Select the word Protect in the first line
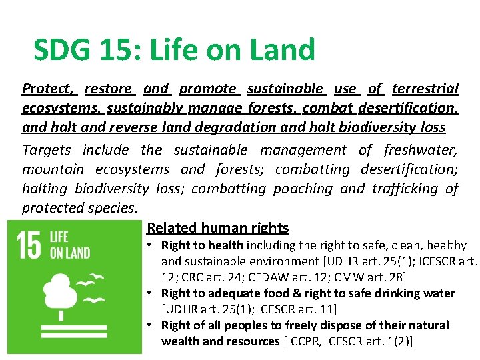point(47,89)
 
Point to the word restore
point(108,89)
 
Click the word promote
point(207,89)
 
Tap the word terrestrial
point(425,89)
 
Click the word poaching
point(303,189)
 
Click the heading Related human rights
point(217,228)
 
